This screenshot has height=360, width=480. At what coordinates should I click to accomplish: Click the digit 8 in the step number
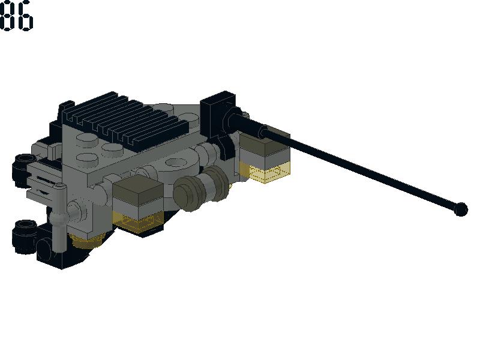pos(7,16)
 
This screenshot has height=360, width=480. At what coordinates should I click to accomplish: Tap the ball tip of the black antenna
pos(461,209)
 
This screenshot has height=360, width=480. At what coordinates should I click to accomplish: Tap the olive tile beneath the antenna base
pos(264,142)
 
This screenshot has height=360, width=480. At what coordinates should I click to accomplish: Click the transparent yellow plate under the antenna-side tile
pos(265,172)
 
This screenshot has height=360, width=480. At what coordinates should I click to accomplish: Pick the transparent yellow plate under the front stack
pos(138,221)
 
